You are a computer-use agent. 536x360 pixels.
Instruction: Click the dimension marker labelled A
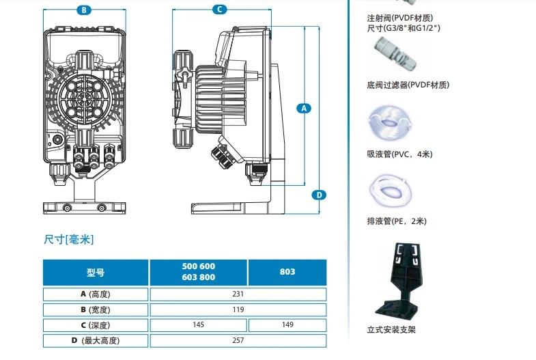305,107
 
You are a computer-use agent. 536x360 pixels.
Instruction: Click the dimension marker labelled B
83,10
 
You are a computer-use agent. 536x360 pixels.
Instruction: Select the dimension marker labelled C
218,9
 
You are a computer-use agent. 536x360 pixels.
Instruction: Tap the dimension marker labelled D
318,195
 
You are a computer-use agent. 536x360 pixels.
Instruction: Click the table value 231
238,294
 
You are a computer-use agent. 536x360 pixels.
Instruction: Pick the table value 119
238,309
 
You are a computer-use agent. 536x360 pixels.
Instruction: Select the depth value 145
198,325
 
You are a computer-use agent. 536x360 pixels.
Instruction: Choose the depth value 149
287,325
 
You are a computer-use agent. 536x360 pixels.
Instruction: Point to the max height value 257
238,340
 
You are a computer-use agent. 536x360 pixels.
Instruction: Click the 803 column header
287,272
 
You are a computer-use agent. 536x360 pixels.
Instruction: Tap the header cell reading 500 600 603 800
199,272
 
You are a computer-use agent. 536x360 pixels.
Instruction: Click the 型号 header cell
96,272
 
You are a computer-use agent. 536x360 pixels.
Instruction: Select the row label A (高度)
96,294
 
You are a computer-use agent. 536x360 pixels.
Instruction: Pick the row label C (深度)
96,325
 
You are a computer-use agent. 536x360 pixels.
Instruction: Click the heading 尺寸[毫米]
68,239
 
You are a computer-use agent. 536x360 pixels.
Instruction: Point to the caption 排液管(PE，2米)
397,221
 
